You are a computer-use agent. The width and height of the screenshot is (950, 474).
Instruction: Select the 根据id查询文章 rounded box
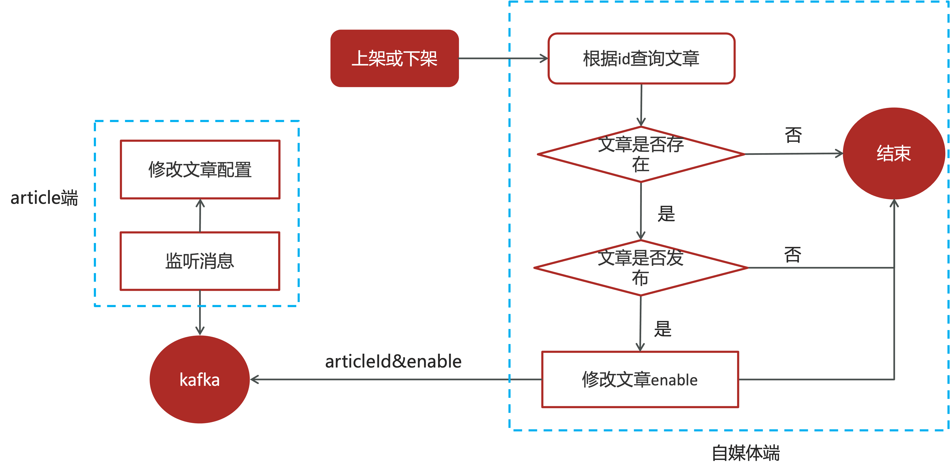pos(641,58)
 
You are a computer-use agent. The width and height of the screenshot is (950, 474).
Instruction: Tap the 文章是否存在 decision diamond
pos(641,154)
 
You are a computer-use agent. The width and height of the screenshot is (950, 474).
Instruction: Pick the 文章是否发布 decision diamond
pos(641,268)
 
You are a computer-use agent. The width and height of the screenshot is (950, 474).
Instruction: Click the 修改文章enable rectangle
pos(640,379)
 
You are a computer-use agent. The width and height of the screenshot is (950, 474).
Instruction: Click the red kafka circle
pos(200,379)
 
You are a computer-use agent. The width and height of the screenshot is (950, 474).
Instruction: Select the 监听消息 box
pos(200,261)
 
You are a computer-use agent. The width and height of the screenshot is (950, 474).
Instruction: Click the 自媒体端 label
pos(746,453)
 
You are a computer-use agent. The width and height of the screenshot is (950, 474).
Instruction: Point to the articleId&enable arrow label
pos(393,361)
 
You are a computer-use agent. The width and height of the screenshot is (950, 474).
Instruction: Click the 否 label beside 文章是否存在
pos(793,135)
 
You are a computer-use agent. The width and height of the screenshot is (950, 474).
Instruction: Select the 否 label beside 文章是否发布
pos(793,254)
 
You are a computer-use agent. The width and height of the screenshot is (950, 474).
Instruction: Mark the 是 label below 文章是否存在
pos(666,214)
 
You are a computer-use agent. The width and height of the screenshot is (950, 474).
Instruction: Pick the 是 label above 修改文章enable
pos(663,329)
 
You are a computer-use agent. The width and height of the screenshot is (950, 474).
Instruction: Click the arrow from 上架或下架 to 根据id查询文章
pos(503,58)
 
